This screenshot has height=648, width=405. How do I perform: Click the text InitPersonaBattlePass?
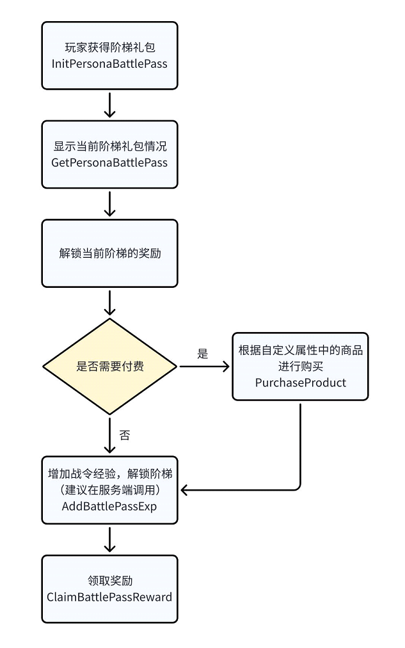click(109, 64)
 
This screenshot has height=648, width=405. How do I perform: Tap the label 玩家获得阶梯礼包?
click(109, 47)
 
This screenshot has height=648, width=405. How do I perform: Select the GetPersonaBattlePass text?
click(109, 162)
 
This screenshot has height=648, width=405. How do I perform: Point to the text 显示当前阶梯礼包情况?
click(109, 146)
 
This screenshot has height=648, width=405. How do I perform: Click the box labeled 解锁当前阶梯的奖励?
click(109, 253)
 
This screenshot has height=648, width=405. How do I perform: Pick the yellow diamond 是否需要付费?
click(109, 367)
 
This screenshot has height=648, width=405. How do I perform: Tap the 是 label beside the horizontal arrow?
click(203, 354)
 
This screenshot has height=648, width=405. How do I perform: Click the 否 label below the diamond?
click(125, 436)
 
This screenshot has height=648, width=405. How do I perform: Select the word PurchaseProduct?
click(300, 383)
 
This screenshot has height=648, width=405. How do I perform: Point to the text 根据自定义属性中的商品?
click(300, 351)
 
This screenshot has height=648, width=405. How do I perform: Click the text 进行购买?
click(300, 367)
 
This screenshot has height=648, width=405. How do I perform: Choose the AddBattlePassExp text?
click(109, 506)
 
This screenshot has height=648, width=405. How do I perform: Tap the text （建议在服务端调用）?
click(109, 490)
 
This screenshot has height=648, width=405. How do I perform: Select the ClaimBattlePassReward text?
click(109, 597)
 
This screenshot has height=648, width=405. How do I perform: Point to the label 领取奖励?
click(109, 581)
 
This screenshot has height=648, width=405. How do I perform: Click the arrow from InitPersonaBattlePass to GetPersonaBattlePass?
click(109, 104)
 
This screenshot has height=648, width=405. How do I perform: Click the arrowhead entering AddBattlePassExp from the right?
click(184, 490)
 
